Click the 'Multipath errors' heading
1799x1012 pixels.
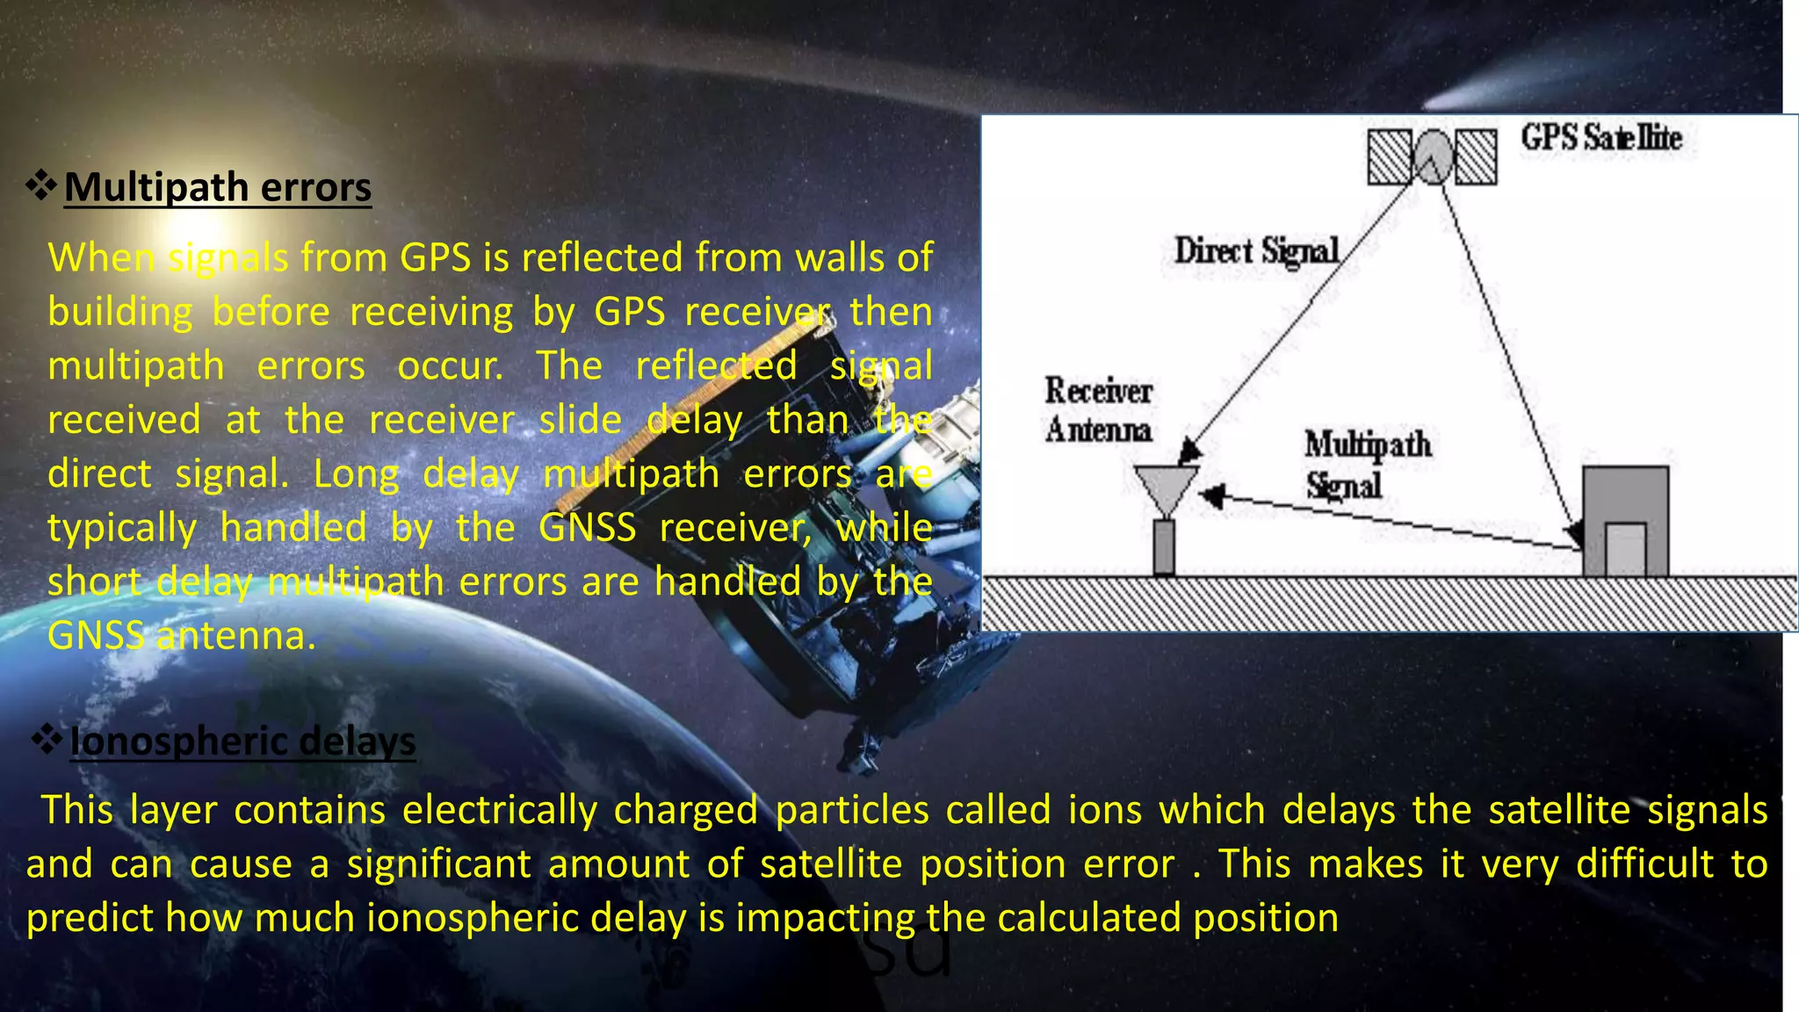coord(218,187)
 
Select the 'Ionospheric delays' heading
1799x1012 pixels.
coord(242,741)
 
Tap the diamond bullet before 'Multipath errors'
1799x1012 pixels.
coord(40,185)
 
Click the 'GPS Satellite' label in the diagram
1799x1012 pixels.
coord(1601,138)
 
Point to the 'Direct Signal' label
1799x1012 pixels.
coord(1256,251)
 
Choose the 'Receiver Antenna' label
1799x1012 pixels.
coord(1098,410)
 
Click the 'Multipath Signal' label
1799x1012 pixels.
coord(1367,464)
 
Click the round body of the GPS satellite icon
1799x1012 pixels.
coord(1433,156)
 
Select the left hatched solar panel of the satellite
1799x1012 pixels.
coord(1390,156)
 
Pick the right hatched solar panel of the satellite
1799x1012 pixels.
coord(1476,156)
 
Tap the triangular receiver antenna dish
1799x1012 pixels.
coord(1165,487)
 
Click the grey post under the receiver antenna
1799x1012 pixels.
coord(1164,547)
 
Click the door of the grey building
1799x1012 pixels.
coord(1625,550)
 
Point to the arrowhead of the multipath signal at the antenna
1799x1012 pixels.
coord(1211,496)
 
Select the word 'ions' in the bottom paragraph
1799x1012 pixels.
coord(1104,809)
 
